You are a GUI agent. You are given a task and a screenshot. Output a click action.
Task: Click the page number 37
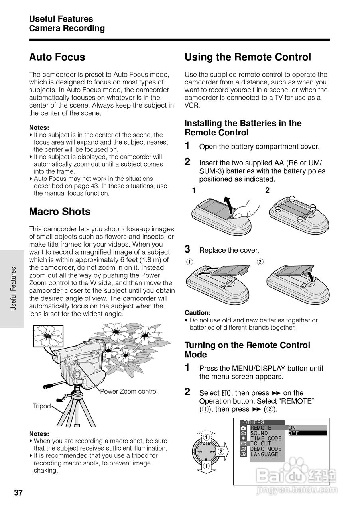click(18, 493)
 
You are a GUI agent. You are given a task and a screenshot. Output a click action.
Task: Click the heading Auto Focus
click(57, 57)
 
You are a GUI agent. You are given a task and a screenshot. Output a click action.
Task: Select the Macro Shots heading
click(60, 212)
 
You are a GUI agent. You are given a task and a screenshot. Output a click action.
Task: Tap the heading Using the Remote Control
click(248, 57)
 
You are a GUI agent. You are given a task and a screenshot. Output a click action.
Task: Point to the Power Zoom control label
click(129, 391)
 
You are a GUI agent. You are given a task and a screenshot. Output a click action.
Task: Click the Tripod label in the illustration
click(42, 406)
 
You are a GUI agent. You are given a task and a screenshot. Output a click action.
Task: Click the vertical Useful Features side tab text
click(14, 289)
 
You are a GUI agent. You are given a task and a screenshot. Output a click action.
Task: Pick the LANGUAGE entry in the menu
click(264, 454)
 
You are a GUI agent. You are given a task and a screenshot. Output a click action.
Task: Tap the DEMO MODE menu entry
click(266, 449)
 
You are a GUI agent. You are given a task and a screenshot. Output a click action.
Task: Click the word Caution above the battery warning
click(197, 313)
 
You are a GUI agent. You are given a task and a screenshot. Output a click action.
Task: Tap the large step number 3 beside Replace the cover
click(187, 249)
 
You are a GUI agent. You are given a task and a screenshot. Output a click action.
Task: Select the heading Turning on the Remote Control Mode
click(247, 350)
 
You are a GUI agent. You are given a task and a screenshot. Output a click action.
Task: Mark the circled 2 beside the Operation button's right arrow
click(221, 451)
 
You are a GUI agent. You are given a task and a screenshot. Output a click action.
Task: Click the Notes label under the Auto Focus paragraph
click(39, 128)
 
